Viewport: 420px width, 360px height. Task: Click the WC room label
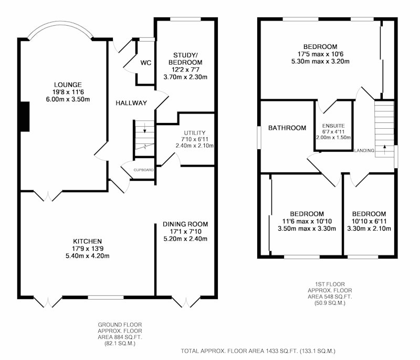pyautogui.click(x=146, y=63)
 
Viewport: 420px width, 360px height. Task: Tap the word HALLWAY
pyautogui.click(x=131, y=103)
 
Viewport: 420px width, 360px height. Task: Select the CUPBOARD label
pyautogui.click(x=143, y=170)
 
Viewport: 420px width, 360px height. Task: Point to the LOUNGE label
pyautogui.click(x=68, y=85)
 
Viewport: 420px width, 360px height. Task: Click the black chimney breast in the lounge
pyautogui.click(x=25, y=117)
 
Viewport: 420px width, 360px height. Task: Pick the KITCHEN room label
pyautogui.click(x=88, y=241)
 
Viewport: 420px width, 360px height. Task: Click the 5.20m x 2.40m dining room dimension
pyautogui.click(x=185, y=239)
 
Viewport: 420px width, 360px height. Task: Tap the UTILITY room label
pyautogui.click(x=195, y=132)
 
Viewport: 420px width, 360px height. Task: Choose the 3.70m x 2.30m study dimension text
pyautogui.click(x=185, y=77)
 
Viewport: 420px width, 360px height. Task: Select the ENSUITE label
pyautogui.click(x=333, y=126)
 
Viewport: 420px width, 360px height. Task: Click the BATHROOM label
pyautogui.click(x=287, y=128)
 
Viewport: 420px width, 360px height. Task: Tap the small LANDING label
pyautogui.click(x=364, y=151)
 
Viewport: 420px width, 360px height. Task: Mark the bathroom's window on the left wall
pyautogui.click(x=259, y=138)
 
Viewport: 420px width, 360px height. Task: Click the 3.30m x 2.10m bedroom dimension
pyautogui.click(x=369, y=229)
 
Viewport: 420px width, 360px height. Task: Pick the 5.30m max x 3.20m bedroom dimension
pyautogui.click(x=320, y=61)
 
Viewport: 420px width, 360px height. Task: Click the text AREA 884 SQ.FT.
pyautogui.click(x=120, y=337)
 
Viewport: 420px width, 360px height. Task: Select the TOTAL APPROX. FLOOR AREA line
pyautogui.click(x=258, y=351)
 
